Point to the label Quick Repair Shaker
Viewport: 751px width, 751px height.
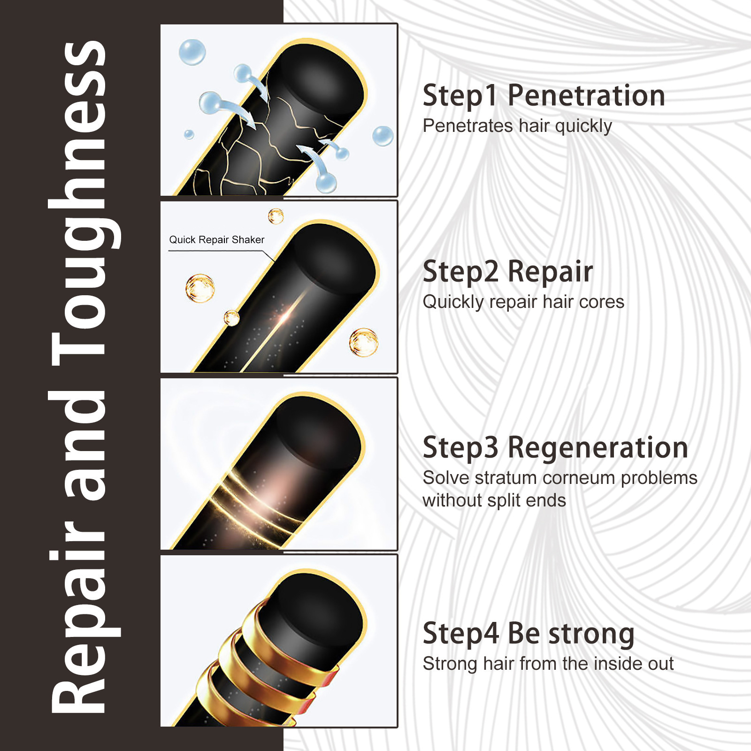pyautogui.click(x=216, y=240)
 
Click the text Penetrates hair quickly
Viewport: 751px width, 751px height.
pyautogui.click(x=517, y=126)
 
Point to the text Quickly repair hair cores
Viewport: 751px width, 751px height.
pyautogui.click(x=523, y=302)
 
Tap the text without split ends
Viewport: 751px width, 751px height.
pyautogui.click(x=494, y=500)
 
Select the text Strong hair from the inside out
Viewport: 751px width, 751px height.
pyautogui.click(x=548, y=664)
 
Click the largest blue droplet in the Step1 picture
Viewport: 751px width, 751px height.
pyautogui.click(x=192, y=52)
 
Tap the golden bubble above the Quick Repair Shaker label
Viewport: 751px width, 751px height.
pyautogui.click(x=276, y=216)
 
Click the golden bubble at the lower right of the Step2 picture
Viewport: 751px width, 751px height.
pyautogui.click(x=363, y=342)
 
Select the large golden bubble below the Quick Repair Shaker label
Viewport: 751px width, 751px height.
pyautogui.click(x=200, y=288)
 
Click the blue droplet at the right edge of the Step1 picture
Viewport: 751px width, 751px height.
pyautogui.click(x=383, y=136)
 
